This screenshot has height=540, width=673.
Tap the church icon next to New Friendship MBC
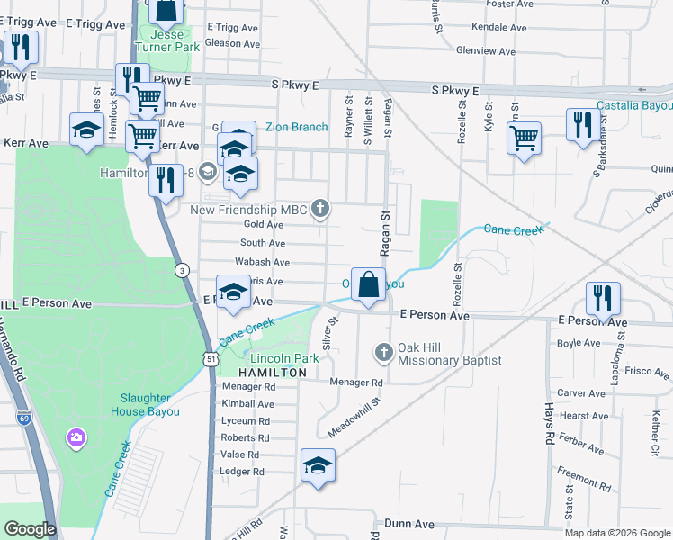(x=319, y=211)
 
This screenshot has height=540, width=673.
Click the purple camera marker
(x=76, y=437)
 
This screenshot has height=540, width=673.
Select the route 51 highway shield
(x=210, y=359)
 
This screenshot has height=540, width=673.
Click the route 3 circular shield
(x=182, y=269)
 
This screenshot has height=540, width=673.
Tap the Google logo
(x=29, y=529)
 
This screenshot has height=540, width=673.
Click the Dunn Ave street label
(x=409, y=523)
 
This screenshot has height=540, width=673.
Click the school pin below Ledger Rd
(x=318, y=464)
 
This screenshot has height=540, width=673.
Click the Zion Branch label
(x=296, y=127)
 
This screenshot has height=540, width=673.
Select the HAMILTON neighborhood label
(x=265, y=372)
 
